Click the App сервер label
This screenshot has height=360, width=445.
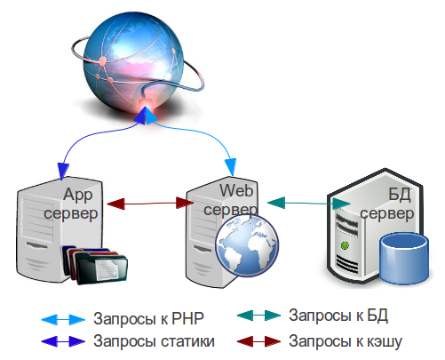click(x=71, y=204)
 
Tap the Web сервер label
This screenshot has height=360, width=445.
click(x=230, y=200)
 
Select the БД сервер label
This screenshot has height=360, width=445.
click(x=387, y=204)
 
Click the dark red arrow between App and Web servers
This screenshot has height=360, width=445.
click(x=150, y=204)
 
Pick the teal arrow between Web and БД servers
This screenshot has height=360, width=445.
click(x=309, y=203)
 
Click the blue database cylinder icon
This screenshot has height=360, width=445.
click(x=404, y=258)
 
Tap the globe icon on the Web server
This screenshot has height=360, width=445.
click(x=247, y=245)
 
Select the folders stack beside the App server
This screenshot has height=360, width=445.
click(x=94, y=264)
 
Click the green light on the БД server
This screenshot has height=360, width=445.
click(x=345, y=245)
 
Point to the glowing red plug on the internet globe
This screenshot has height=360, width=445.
click(x=146, y=103)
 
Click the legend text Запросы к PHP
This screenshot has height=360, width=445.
click(x=148, y=319)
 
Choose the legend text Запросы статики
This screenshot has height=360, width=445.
click(x=154, y=341)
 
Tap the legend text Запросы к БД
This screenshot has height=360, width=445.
click(x=338, y=316)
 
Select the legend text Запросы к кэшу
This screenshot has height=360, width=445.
click(x=346, y=341)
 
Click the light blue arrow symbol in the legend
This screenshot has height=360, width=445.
click(x=63, y=320)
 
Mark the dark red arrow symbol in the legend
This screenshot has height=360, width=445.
click(x=259, y=341)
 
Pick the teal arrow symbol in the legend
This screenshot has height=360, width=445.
click(x=259, y=316)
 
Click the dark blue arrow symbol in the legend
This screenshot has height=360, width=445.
click(x=63, y=341)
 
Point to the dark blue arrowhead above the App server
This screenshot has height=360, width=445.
click(x=63, y=171)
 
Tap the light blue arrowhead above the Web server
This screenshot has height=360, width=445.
click(x=231, y=167)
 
